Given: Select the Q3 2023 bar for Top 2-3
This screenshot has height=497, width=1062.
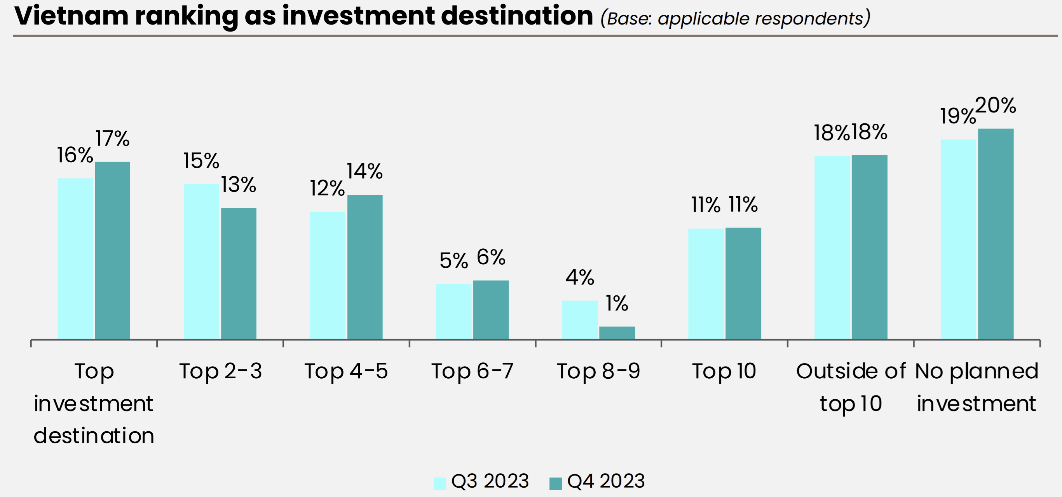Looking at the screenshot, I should [x=201, y=261].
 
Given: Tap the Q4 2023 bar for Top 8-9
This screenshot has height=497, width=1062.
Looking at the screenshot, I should [x=617, y=333].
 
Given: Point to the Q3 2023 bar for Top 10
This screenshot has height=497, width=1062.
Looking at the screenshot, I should [x=706, y=284].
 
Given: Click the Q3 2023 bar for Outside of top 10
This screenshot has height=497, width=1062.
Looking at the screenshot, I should [x=832, y=247].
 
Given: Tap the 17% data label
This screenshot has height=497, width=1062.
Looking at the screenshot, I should [x=113, y=139].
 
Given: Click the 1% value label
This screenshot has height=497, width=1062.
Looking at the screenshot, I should [x=617, y=304].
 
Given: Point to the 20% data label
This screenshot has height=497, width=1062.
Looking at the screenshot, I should [x=996, y=106].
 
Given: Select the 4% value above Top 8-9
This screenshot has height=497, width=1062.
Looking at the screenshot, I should [x=580, y=277].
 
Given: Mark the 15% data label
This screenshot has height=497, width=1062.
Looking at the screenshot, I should [x=201, y=161].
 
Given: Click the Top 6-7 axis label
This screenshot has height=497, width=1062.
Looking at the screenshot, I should [x=473, y=371].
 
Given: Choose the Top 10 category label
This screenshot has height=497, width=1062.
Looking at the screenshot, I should [x=724, y=371].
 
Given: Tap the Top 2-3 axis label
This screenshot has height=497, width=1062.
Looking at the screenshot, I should [x=221, y=371].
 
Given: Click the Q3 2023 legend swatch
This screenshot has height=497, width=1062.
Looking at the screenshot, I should [x=439, y=483].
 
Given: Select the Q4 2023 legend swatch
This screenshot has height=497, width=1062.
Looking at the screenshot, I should [x=555, y=483].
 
